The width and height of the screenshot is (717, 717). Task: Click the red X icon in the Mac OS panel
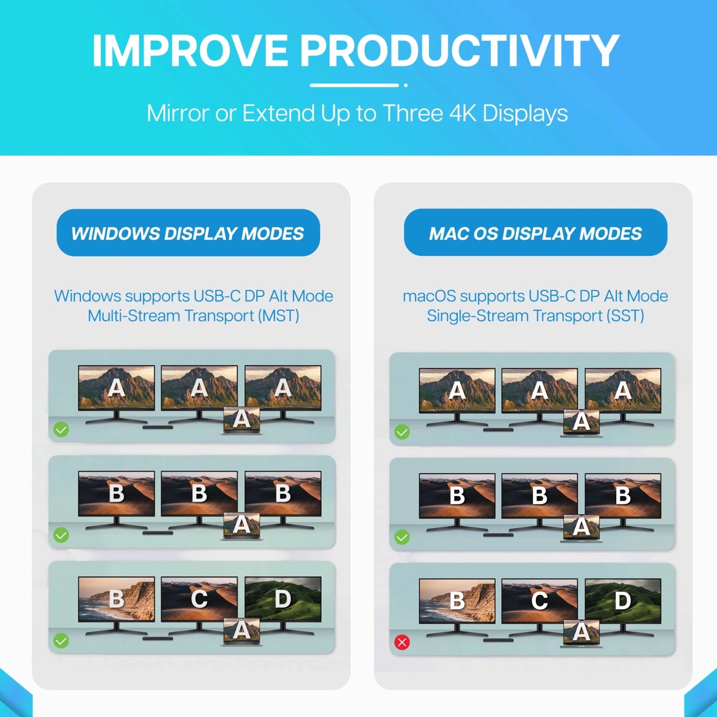pos(402,642)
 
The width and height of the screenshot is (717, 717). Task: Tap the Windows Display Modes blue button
pos(188,233)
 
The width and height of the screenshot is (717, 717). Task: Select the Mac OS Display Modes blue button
pos(536,233)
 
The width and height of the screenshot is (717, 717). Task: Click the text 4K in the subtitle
pos(463,113)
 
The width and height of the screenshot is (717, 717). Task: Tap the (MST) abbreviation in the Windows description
pos(278,316)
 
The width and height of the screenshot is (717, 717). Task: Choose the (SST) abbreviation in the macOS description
pos(625,316)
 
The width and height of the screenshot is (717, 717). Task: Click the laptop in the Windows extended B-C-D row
pos(242,632)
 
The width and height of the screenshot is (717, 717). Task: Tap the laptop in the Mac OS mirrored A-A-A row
pos(582,423)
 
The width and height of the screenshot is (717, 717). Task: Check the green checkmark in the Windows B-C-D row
pos(61,641)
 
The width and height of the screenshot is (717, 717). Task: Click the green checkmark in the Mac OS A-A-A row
pos(402,432)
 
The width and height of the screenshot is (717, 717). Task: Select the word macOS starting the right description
pos(429,296)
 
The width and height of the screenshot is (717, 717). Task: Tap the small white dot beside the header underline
pos(406,85)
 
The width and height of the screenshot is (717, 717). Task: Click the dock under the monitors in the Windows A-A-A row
pos(158,428)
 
